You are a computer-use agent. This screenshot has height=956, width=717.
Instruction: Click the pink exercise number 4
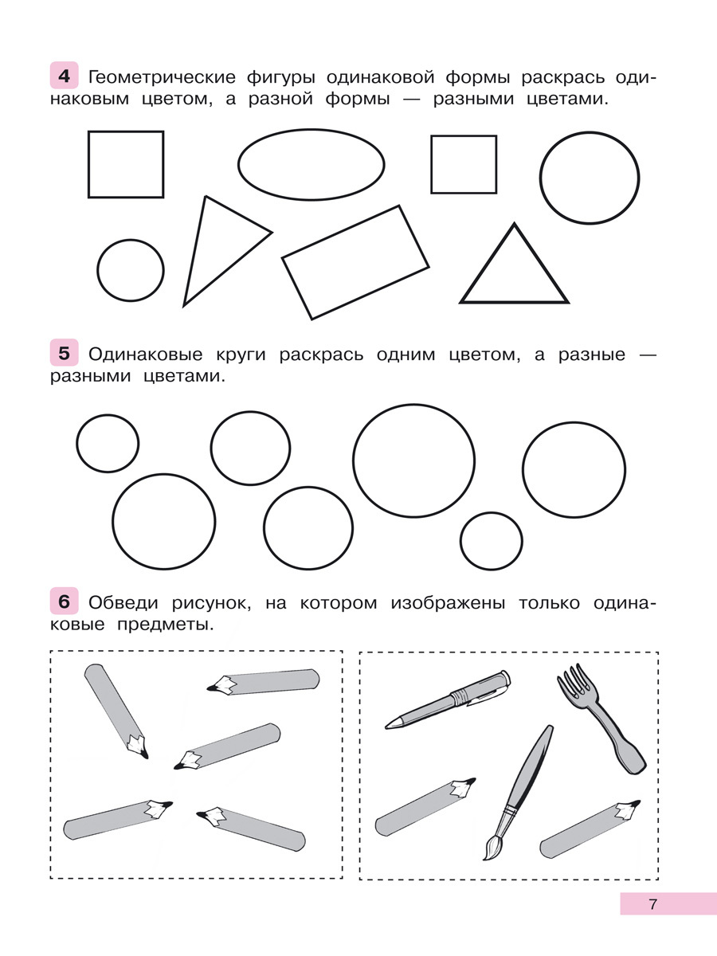click(x=64, y=76)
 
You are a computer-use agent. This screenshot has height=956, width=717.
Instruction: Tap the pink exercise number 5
click(x=64, y=353)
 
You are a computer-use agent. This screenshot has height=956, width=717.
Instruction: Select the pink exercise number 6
click(x=64, y=601)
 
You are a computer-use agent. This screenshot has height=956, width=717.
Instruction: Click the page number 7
click(x=652, y=904)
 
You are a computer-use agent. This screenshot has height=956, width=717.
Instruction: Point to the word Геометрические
click(x=162, y=77)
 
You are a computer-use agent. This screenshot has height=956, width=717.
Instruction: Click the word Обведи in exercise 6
click(x=123, y=603)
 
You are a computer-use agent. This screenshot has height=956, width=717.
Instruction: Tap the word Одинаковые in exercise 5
click(x=146, y=355)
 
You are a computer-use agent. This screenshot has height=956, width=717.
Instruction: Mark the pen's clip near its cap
click(x=487, y=695)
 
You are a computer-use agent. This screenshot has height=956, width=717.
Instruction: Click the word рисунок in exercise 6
click(x=211, y=605)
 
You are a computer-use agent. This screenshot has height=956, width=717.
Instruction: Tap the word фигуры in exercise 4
click(x=280, y=78)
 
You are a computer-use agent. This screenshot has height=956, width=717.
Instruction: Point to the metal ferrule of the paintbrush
click(x=509, y=813)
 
